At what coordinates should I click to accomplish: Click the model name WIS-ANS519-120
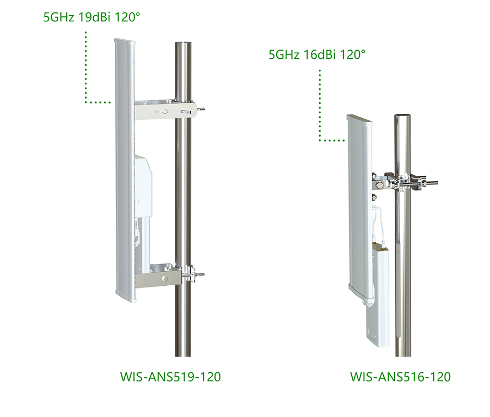(x=170, y=377)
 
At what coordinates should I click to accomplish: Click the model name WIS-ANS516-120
(x=400, y=377)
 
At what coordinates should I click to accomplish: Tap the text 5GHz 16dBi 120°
(x=317, y=54)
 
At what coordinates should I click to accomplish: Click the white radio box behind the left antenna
(x=143, y=185)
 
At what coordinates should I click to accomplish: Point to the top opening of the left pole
(x=182, y=43)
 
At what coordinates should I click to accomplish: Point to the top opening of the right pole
(x=403, y=116)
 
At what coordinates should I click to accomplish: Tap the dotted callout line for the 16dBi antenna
(x=320, y=109)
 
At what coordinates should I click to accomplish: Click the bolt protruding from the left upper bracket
(x=201, y=109)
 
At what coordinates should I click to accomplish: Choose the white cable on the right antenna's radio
(x=377, y=223)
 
